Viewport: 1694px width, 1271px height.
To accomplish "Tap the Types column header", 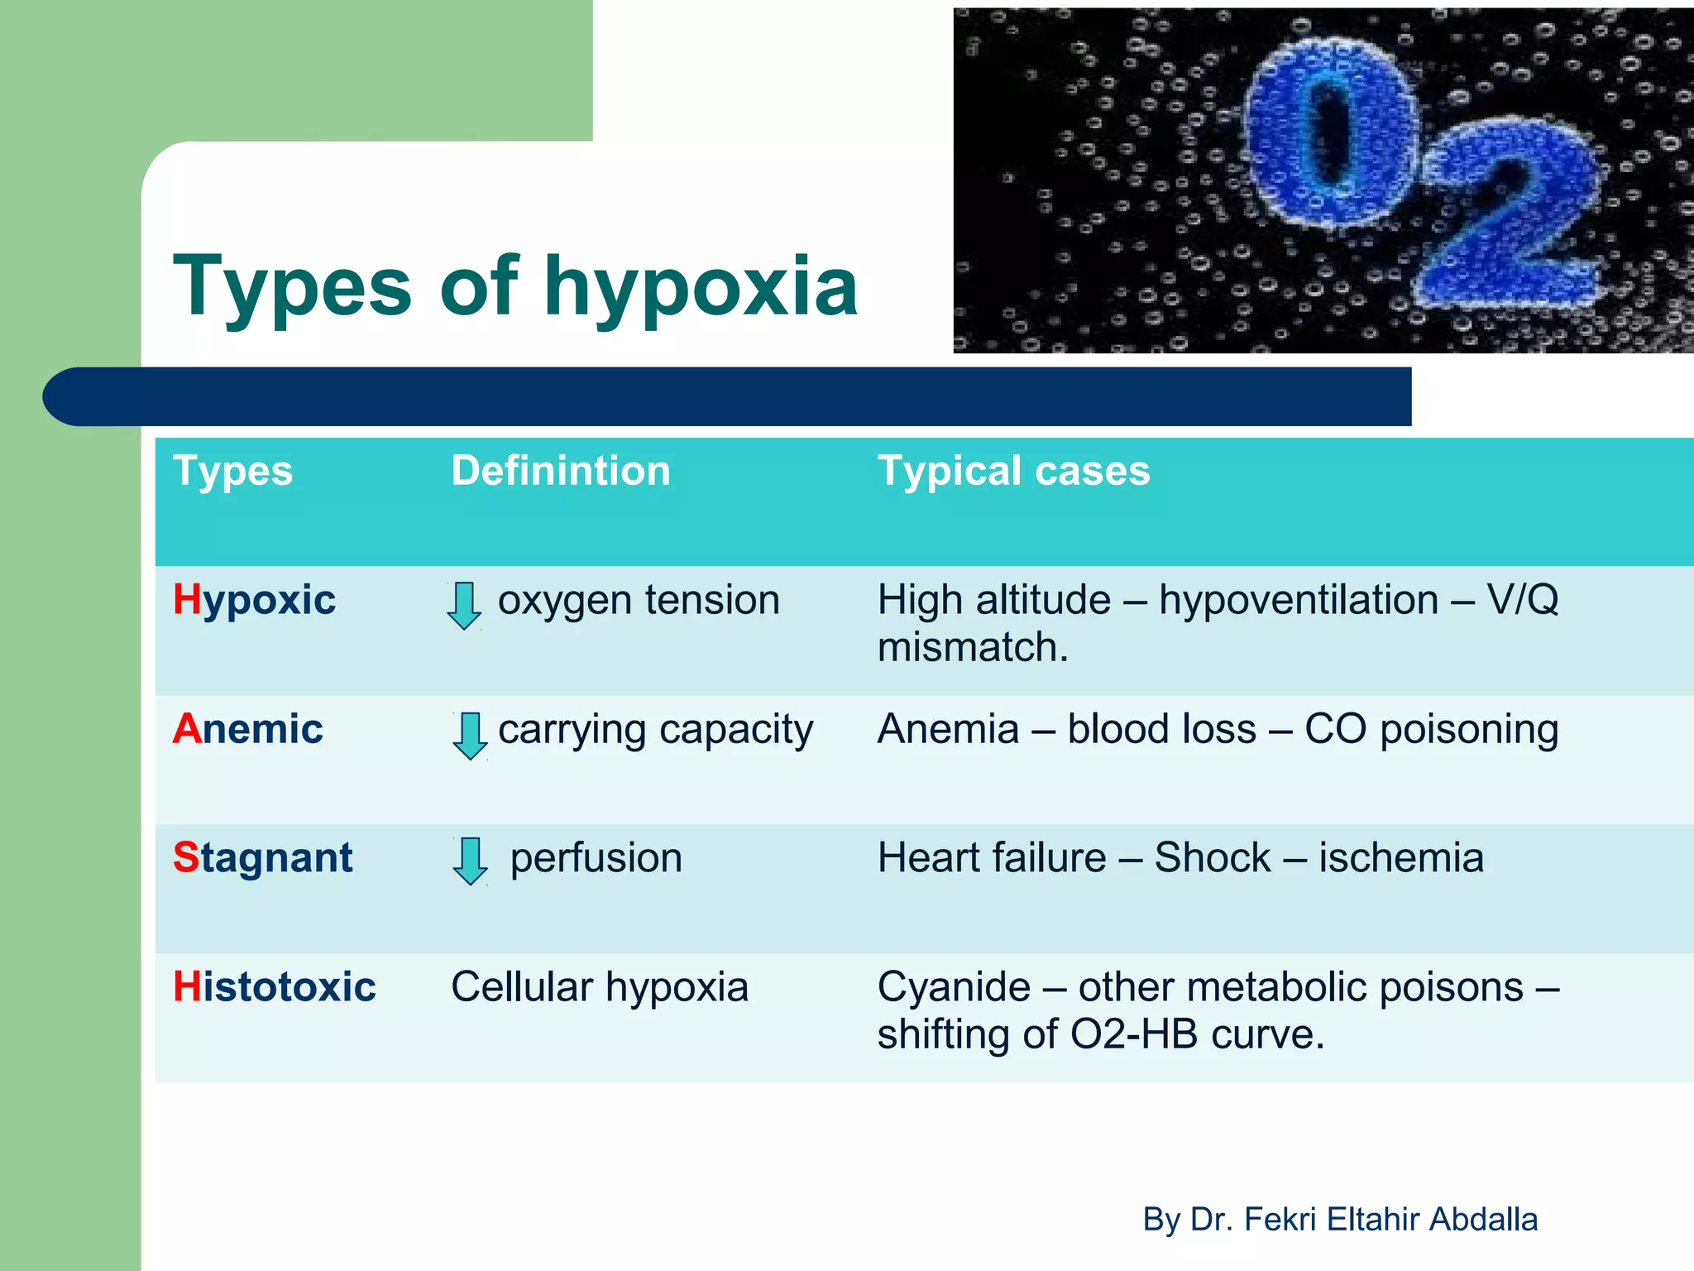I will (x=232, y=471).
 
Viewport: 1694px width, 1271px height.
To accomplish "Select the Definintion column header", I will (x=560, y=471).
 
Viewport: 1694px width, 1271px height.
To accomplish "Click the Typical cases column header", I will (x=1013, y=471).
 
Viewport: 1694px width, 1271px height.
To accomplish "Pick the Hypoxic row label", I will (x=254, y=600).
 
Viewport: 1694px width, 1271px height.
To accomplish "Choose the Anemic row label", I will (x=247, y=729).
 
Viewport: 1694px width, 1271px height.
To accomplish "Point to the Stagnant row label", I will (x=262, y=858).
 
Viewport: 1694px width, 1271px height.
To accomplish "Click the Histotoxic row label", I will (x=274, y=987).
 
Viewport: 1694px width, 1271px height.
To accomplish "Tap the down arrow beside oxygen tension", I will (x=464, y=605).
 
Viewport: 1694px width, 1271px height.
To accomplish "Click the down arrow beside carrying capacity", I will (x=470, y=735).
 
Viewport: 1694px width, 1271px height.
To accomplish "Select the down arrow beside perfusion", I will (x=470, y=861).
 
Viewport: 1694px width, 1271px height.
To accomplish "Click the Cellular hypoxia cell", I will (x=599, y=987).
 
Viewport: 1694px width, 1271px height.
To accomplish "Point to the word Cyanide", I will (x=954, y=987).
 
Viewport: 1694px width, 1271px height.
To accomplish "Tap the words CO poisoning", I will (x=1431, y=729).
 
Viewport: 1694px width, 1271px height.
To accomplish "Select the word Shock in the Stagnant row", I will (x=1212, y=858).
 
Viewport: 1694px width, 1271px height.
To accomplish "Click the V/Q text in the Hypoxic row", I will (x=1522, y=600).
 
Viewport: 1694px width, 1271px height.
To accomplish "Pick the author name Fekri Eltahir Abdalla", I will (x=1390, y=1219).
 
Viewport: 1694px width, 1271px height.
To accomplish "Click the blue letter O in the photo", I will (x=1332, y=137).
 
